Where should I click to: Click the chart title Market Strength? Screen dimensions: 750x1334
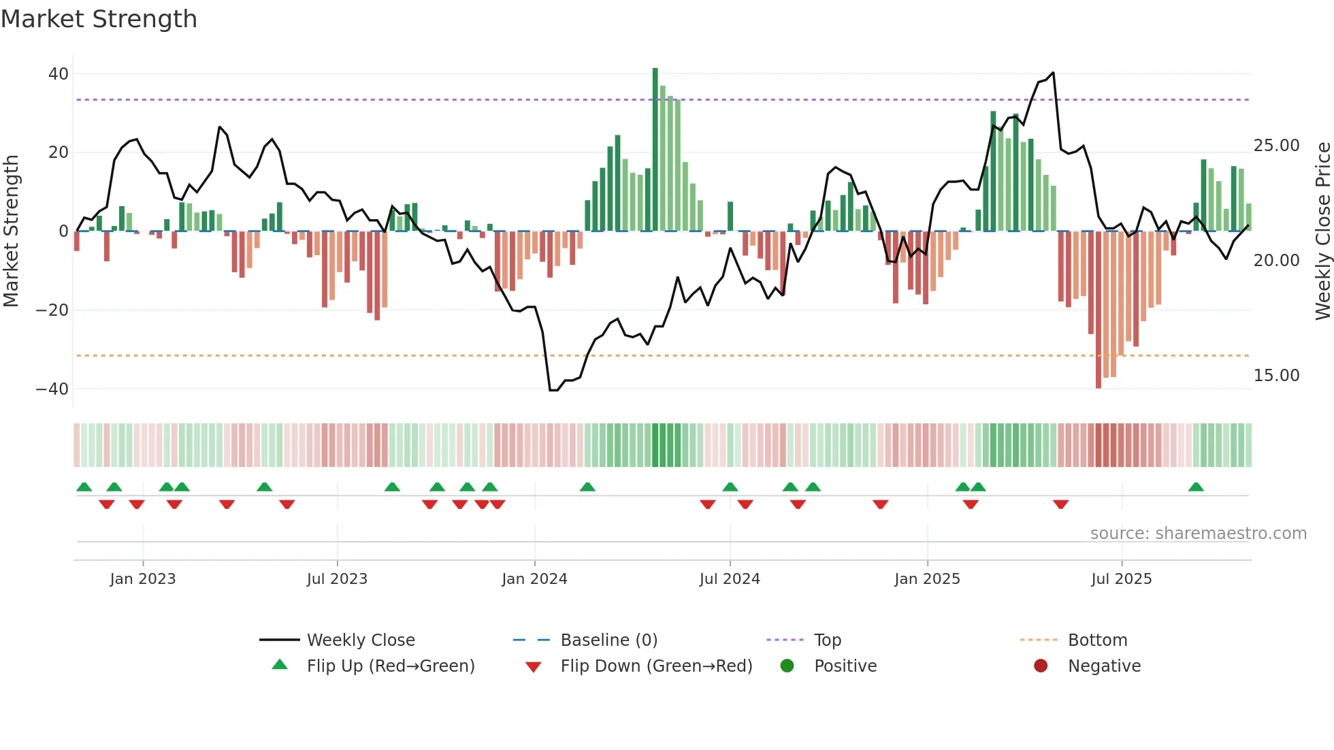pos(99,19)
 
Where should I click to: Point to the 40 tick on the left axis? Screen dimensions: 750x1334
pos(59,74)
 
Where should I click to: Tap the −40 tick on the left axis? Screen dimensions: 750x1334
pos(52,389)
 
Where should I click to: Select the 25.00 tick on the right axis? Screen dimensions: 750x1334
pos(1276,146)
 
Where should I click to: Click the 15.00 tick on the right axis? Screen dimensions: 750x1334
pos(1276,376)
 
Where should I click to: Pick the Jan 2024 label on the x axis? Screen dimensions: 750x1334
pos(534,579)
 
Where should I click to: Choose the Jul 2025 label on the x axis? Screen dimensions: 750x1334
pos(1121,579)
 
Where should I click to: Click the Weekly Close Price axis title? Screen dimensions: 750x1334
pos(1322,231)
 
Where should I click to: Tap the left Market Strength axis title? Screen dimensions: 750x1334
pos(11,231)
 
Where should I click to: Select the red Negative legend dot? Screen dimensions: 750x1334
pos(1041,666)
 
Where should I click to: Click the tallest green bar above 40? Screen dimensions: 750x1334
pos(655,150)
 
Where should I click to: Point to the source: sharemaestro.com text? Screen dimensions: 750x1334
pos(1198,534)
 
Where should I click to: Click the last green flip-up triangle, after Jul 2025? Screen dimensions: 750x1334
pos(1196,487)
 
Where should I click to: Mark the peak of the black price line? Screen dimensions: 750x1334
pos(1053,73)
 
